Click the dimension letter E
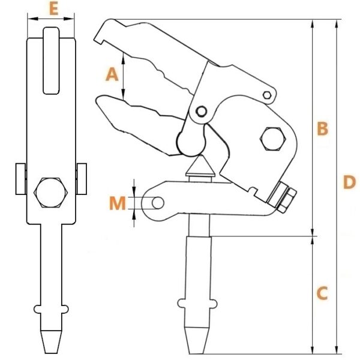click(54, 9)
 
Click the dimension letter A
click(112, 74)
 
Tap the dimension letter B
click(322, 129)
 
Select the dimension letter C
click(322, 293)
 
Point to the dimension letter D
click(349, 182)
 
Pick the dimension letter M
click(118, 203)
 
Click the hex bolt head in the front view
click(51, 193)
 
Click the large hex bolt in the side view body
click(273, 139)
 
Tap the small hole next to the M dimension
click(158, 203)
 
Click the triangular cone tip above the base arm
click(200, 166)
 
